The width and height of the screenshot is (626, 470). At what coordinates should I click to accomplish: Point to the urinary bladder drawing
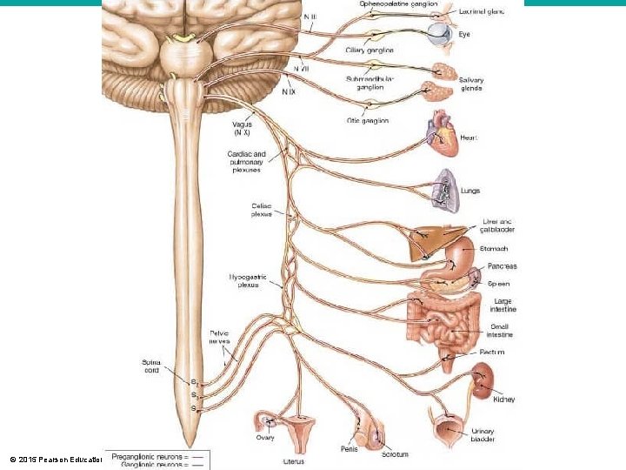[x=449, y=429]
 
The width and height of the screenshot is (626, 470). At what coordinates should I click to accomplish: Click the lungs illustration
[x=446, y=191]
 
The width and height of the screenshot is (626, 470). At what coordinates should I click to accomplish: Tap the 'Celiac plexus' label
[x=261, y=209]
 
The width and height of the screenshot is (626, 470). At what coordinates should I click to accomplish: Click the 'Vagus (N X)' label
[x=243, y=129]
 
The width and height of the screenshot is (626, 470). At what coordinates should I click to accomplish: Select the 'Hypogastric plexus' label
[x=248, y=280]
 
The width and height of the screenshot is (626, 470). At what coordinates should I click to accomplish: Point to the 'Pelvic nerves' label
[x=219, y=337]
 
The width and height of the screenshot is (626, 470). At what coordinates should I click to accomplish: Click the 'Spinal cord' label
[x=145, y=366]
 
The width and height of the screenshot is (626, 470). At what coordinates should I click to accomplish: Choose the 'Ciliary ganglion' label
[x=370, y=50]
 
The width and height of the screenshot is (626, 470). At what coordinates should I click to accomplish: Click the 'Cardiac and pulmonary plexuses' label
[x=247, y=162]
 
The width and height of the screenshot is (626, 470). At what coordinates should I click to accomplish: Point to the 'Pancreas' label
[x=502, y=266]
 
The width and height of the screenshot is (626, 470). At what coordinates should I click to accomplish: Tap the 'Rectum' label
[x=492, y=352]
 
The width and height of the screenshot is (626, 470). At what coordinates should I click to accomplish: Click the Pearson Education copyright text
[x=54, y=459]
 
